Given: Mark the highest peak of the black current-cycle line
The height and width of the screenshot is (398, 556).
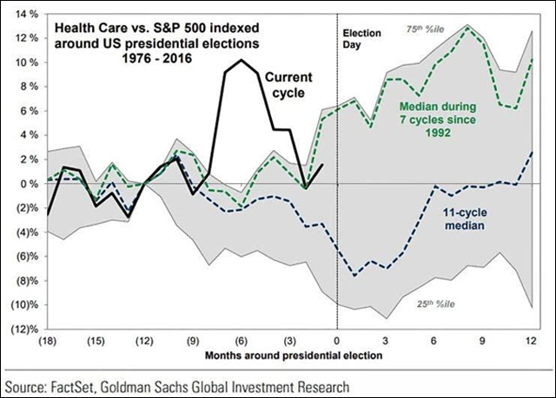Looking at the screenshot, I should click(x=240, y=60).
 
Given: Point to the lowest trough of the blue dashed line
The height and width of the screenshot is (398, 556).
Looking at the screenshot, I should click(x=354, y=275).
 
